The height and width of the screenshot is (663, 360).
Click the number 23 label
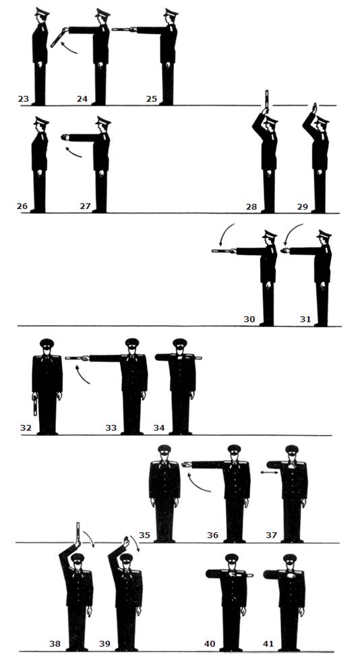[23, 99]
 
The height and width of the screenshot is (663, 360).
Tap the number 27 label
[86, 206]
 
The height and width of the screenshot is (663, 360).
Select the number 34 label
[159, 428]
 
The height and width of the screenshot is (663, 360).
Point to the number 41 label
[268, 644]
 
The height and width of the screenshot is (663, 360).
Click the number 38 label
[55, 644]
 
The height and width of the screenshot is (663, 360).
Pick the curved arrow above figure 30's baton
[225, 234]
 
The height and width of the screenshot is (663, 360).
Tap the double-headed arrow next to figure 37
[269, 473]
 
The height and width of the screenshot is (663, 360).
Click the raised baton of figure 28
[266, 99]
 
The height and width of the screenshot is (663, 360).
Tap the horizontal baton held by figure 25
[122, 30]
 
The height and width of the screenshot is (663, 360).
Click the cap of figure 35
[164, 449]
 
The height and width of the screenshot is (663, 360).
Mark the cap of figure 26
[41, 121]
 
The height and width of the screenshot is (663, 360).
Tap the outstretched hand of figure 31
[284, 251]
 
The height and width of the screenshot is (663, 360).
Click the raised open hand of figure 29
[314, 107]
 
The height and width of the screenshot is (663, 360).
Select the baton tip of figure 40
[252, 575]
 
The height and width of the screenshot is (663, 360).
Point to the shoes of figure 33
[132, 432]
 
